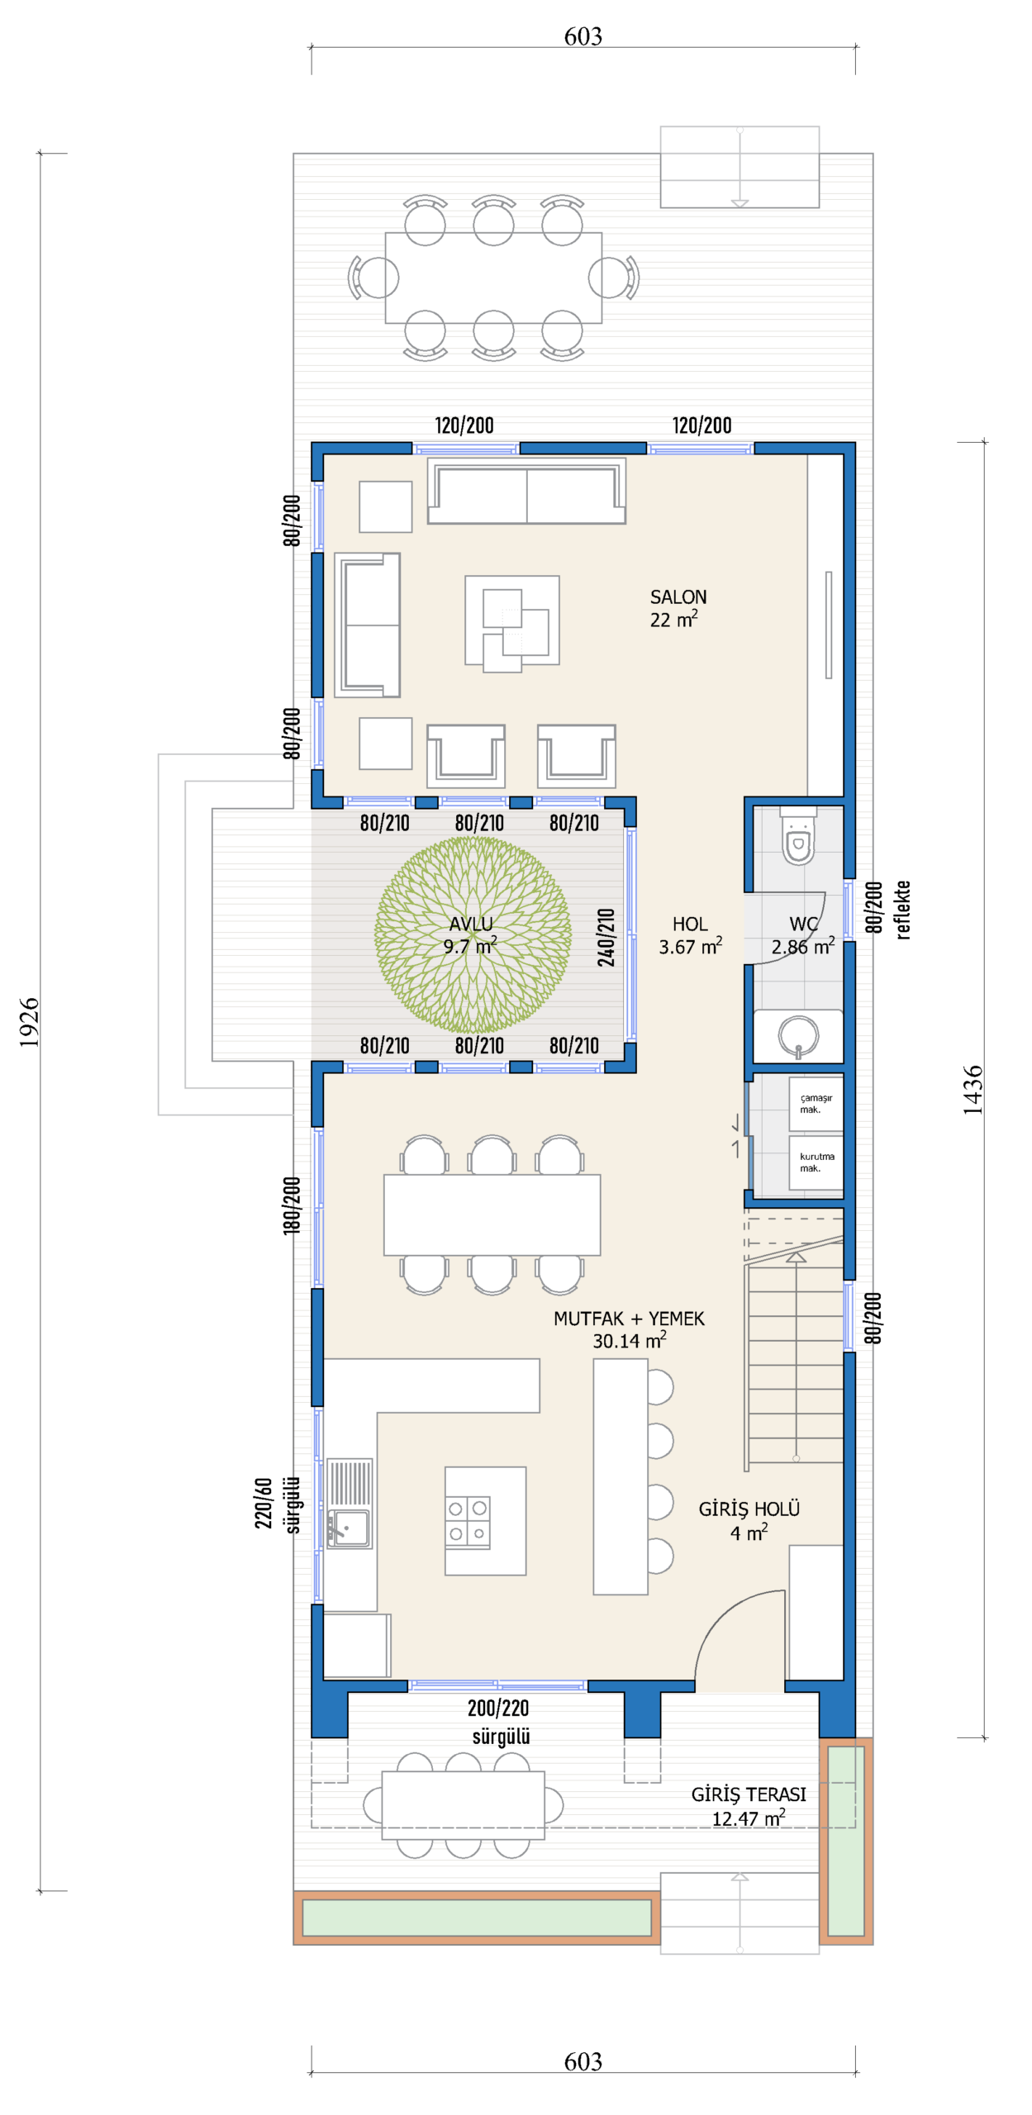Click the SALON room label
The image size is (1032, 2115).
(x=678, y=596)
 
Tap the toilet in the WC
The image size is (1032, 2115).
(x=797, y=836)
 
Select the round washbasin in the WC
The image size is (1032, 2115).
(x=798, y=1035)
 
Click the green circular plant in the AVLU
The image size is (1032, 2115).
(x=473, y=934)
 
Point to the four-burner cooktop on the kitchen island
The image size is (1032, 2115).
(x=468, y=1521)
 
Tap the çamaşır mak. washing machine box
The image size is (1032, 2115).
(x=816, y=1104)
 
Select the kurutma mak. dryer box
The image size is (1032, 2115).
(x=816, y=1162)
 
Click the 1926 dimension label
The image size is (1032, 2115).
(x=29, y=1022)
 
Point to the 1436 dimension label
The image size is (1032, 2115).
(x=973, y=1090)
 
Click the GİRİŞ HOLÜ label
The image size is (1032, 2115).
(x=749, y=1509)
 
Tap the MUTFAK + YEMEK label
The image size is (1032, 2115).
(x=629, y=1319)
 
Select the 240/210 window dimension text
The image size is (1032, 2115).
(x=606, y=937)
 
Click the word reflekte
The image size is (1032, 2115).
(x=902, y=910)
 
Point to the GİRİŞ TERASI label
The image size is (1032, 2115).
(x=749, y=1794)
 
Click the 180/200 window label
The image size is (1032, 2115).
(x=292, y=1205)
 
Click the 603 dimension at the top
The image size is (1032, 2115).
(x=583, y=36)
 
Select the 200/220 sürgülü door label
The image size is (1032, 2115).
(x=499, y=1722)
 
